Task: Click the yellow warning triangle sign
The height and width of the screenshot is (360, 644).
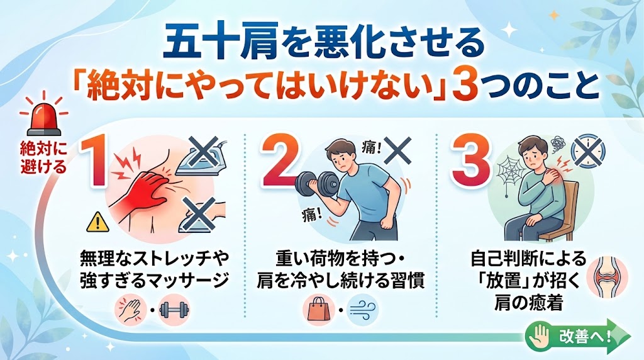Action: [97, 222]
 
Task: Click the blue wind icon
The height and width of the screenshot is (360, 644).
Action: [362, 310]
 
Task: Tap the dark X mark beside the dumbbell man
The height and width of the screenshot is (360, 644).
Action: [397, 150]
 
